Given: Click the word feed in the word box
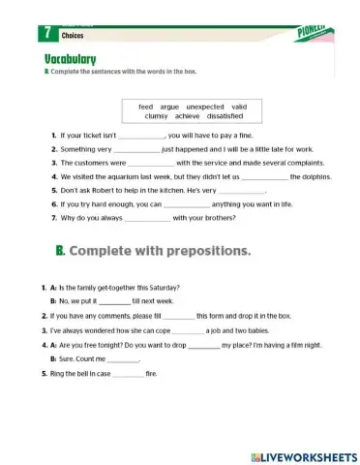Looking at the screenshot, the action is [x=147, y=106].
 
